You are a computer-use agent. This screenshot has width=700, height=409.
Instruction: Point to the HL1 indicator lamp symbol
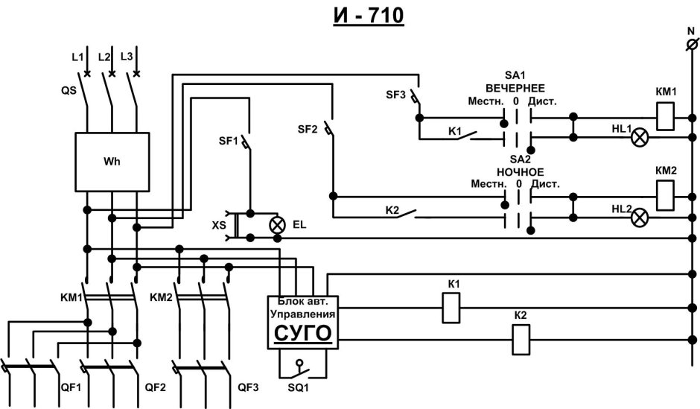coord(639,137)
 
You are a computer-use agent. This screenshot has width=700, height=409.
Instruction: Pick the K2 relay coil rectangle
coord(521,341)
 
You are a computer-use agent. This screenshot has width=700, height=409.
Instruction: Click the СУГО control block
coord(301,322)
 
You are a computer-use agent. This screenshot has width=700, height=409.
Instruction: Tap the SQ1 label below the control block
coord(299,389)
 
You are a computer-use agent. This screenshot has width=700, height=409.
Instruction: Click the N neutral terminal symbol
coord(690,46)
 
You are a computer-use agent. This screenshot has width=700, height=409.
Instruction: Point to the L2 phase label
coord(104,57)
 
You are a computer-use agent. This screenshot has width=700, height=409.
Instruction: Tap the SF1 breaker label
coord(228,140)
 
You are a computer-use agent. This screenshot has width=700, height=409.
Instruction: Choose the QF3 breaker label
coord(249,387)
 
